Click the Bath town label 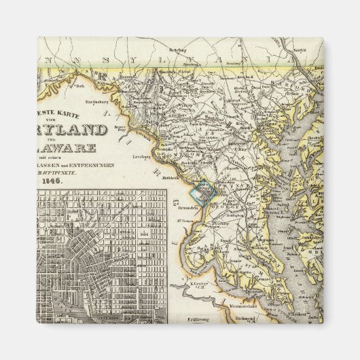click(80, 86)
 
